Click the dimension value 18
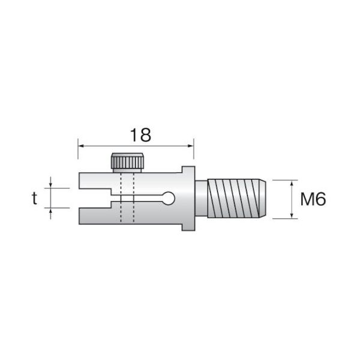pyautogui.click(x=140, y=135)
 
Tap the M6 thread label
pyautogui.click(x=313, y=199)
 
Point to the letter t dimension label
pyautogui.click(x=34, y=199)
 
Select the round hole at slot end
pyautogui.click(x=169, y=198)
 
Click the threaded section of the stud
pyautogui.click(x=233, y=199)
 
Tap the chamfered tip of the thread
pyautogui.click(x=263, y=199)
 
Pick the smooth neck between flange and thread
pyautogui.click(x=201, y=199)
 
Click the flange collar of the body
pyautogui.click(x=188, y=199)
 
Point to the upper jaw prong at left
pyautogui.click(x=95, y=181)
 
